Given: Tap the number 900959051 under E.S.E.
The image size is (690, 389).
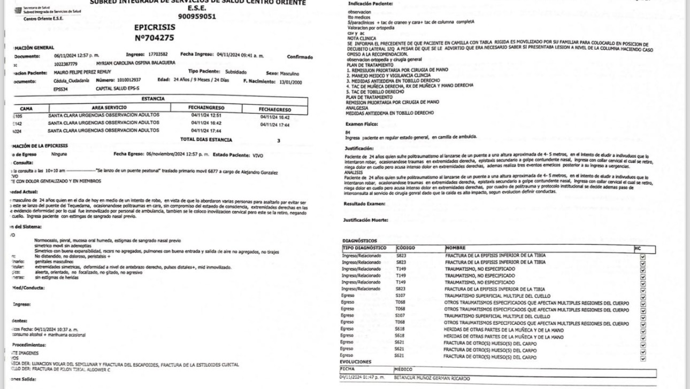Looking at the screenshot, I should tap(197, 17).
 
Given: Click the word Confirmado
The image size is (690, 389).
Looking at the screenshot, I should tap(300, 57).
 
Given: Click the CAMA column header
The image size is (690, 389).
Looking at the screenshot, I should tap(26, 108).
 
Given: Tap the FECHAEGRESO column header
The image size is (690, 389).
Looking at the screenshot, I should tap(275, 109).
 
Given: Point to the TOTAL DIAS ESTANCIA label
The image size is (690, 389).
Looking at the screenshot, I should tap(206, 140).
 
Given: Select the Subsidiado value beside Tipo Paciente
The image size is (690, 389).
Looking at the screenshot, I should tap(235, 72).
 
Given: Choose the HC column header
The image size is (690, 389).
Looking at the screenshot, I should tap(637, 248).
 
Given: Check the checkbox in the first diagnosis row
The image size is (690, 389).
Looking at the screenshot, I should tap(642, 256).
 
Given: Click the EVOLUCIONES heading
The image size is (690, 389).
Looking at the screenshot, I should tap(355, 362).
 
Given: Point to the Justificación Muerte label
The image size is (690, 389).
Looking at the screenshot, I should tap(366, 220).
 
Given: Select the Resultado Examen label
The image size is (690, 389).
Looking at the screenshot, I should tap(365, 204).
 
